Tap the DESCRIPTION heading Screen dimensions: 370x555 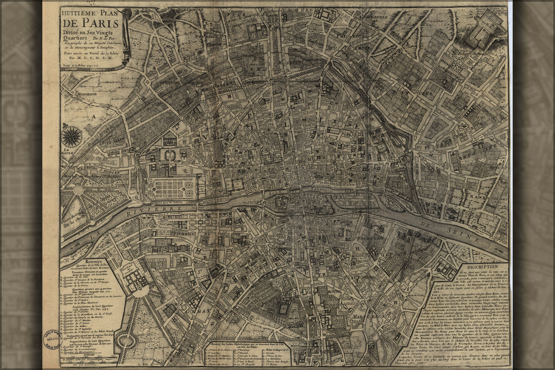482,266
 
